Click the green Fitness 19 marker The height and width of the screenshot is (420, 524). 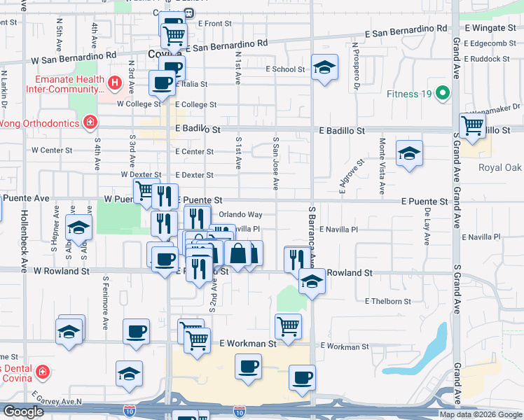(442, 93)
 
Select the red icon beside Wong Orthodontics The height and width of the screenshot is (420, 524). (89, 123)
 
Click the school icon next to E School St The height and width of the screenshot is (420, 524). (324, 67)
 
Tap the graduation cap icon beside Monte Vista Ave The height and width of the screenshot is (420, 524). (409, 153)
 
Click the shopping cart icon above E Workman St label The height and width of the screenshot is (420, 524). (288, 325)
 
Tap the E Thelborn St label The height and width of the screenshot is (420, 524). (387, 301)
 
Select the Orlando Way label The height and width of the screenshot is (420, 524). (240, 214)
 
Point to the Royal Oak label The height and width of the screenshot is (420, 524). (500, 167)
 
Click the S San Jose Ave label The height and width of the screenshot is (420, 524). (276, 164)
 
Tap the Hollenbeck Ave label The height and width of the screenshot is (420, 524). (24, 242)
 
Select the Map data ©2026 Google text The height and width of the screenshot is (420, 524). (480, 414)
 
